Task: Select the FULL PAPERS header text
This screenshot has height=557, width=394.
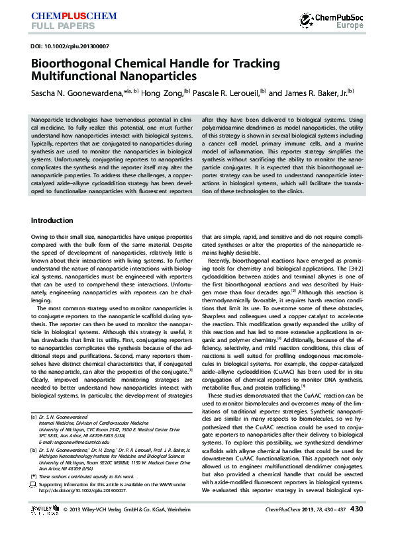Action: tap(58, 26)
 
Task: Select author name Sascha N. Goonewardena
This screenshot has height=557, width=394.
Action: tap(79, 93)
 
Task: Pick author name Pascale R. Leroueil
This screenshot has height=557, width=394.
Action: tap(225, 93)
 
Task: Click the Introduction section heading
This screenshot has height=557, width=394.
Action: tap(52, 220)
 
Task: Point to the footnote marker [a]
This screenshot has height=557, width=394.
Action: tap(34, 417)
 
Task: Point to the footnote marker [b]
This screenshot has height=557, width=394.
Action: tap(34, 449)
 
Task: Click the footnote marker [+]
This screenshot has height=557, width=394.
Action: tap(34, 476)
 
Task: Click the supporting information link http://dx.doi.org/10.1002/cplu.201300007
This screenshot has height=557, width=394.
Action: tap(83, 491)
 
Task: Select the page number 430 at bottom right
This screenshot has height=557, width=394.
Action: tap(356, 528)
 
